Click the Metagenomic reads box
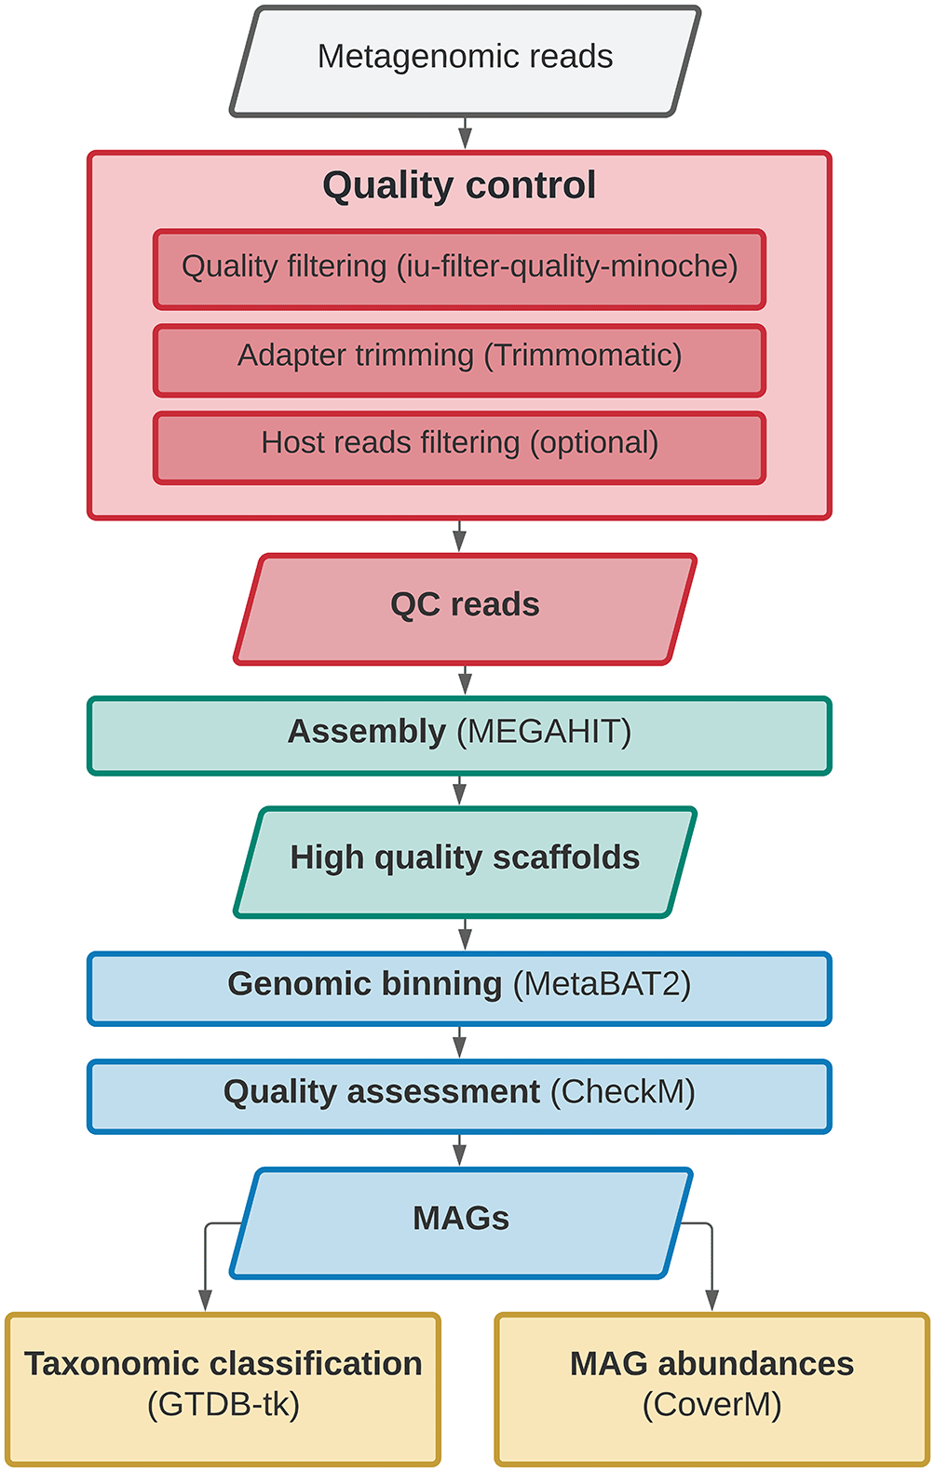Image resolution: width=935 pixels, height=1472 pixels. click(x=465, y=61)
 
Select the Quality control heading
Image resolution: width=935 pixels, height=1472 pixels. click(x=459, y=185)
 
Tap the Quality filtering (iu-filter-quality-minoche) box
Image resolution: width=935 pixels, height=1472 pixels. click(x=460, y=269)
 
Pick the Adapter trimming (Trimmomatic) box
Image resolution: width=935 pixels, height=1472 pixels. click(x=460, y=360)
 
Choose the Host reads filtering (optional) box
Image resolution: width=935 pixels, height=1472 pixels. click(x=460, y=448)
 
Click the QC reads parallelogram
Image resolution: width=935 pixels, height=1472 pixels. click(x=465, y=609)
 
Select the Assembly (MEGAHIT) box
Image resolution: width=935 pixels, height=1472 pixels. click(x=460, y=736)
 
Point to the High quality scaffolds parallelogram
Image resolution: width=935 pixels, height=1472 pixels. click(x=465, y=862)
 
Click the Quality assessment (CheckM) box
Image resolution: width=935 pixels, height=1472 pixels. click(x=460, y=1096)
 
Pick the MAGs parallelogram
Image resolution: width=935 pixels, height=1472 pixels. click(x=461, y=1223)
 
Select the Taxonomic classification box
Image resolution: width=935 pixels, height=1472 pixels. click(x=223, y=1389)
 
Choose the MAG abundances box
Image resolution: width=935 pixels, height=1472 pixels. click(x=712, y=1389)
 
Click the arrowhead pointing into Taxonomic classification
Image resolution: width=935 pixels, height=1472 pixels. click(x=205, y=1300)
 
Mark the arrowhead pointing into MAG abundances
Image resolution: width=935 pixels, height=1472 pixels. click(x=711, y=1300)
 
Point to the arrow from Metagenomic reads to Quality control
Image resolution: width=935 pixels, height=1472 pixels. click(x=465, y=133)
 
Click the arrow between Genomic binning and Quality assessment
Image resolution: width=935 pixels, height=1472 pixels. click(x=460, y=1042)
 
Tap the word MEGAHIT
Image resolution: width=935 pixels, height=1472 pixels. click(x=544, y=732)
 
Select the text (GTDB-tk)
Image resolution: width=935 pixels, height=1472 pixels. click(x=223, y=1405)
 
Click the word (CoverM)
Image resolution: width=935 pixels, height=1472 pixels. click(x=712, y=1405)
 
